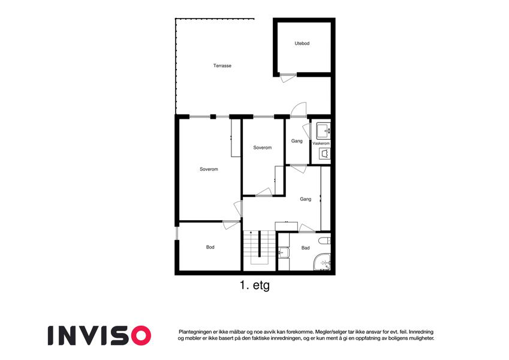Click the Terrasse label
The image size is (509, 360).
click(222, 65)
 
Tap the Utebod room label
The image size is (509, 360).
click(302, 43)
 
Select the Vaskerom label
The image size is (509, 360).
click(321, 143)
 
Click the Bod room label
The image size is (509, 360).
click(210, 247)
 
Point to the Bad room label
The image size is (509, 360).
click(306, 248)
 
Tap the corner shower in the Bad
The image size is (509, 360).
click(323, 262)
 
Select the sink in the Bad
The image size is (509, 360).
click(284, 253)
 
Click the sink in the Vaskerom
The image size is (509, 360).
click(323, 131)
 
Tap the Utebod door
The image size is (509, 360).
click(288, 78)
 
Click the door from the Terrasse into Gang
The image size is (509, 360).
click(299, 110)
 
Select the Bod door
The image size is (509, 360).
click(231, 225)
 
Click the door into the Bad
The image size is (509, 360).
click(306, 228)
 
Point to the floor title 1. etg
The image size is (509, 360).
click(255, 286)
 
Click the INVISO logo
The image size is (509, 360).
click(100, 335)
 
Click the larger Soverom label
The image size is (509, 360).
click(209, 169)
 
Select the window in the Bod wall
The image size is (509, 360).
click(177, 233)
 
